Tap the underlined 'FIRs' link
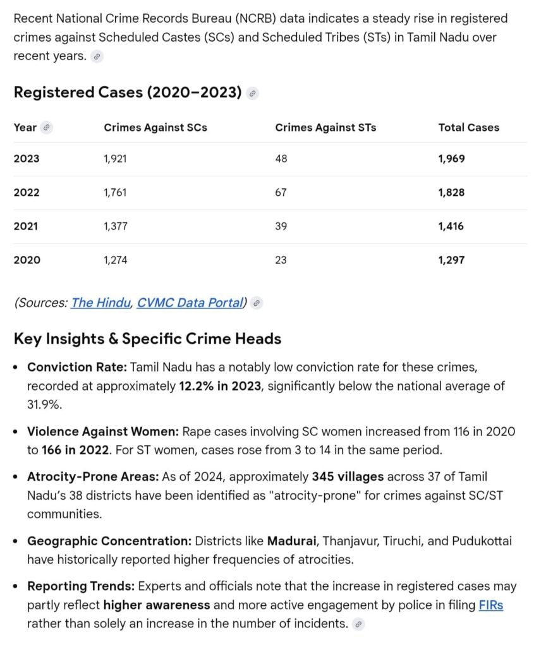pos(491,605)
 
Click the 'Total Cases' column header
pos(468,128)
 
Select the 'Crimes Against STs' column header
pos(325,128)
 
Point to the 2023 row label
pos(27,159)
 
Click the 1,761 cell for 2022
pos(115,192)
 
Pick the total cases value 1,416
pos(451,226)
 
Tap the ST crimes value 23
pos(281,260)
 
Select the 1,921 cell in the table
pos(115,159)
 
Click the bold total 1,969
pos(451,159)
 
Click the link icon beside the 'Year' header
pos(46,128)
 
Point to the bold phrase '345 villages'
pos(348,476)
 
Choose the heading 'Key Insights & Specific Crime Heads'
pos(147,339)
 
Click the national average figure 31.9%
pos(44,404)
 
